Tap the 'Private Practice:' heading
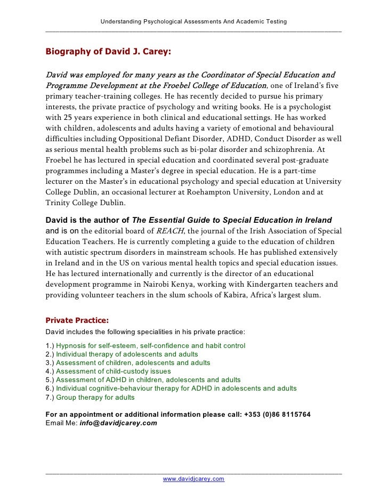pyautogui.click(x=77, y=320)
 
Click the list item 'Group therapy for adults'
pyautogui.click(x=95, y=397)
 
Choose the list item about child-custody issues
pyautogui.click(x=114, y=371)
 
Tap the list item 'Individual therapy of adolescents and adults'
pyautogui.click(x=127, y=354)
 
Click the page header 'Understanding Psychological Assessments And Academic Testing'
pyautogui.click(x=193, y=21)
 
